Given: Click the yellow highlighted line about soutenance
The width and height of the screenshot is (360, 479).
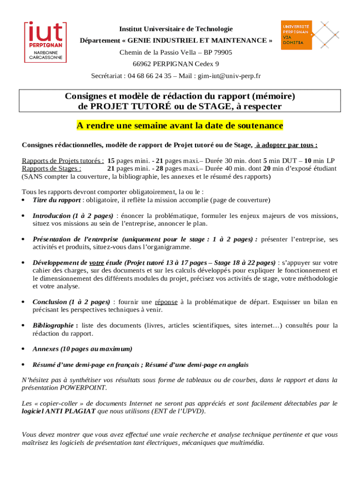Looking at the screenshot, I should click(x=180, y=126).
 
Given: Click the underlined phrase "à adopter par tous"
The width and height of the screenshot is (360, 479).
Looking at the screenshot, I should click(x=287, y=145).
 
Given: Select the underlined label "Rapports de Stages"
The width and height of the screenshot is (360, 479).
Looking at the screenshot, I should click(x=51, y=168).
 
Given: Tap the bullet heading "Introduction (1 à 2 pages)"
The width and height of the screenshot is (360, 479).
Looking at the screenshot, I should click(x=72, y=216).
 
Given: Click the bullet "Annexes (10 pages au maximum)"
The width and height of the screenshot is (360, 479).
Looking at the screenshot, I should click(x=82, y=349).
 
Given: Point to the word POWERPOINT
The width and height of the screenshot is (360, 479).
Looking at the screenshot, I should click(x=83, y=388).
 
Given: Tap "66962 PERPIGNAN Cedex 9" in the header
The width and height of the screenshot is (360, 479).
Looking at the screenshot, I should click(x=175, y=64).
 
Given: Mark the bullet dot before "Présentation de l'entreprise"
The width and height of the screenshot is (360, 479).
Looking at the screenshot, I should click(x=23, y=239).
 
